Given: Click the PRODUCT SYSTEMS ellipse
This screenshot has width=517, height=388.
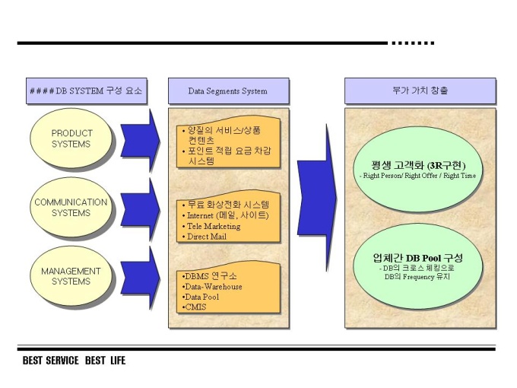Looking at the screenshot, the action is click(71, 138).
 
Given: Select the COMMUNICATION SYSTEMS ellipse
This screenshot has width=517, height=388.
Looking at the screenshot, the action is click(71, 208).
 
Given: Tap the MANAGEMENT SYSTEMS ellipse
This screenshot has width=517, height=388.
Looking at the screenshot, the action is click(71, 276).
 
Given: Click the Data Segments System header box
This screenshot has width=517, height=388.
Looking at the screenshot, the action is click(229, 91).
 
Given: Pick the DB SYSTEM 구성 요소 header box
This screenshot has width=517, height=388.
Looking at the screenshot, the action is click(87, 91).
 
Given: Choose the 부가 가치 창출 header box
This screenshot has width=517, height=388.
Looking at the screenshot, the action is click(420, 91).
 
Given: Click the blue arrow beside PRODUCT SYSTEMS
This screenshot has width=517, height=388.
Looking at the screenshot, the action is click(140, 140).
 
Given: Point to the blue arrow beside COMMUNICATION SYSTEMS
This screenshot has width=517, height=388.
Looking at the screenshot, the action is click(140, 209).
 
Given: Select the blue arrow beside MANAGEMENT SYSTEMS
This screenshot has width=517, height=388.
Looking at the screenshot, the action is click(140, 278).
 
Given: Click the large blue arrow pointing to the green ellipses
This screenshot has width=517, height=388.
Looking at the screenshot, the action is click(316, 198).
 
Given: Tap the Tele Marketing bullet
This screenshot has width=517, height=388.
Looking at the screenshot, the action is click(211, 226).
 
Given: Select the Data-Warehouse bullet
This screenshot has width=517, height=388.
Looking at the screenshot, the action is click(212, 287).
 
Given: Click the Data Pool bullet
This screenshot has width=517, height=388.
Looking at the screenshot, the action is click(200, 297).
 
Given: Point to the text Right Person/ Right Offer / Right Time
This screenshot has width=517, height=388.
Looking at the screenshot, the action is click(417, 176).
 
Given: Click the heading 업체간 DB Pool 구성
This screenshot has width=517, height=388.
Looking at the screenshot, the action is click(417, 258).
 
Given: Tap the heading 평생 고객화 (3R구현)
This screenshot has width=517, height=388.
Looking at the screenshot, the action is click(418, 165).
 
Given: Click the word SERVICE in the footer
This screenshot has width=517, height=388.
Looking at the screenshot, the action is click(62, 361).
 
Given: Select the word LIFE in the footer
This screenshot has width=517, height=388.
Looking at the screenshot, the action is click(118, 361).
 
